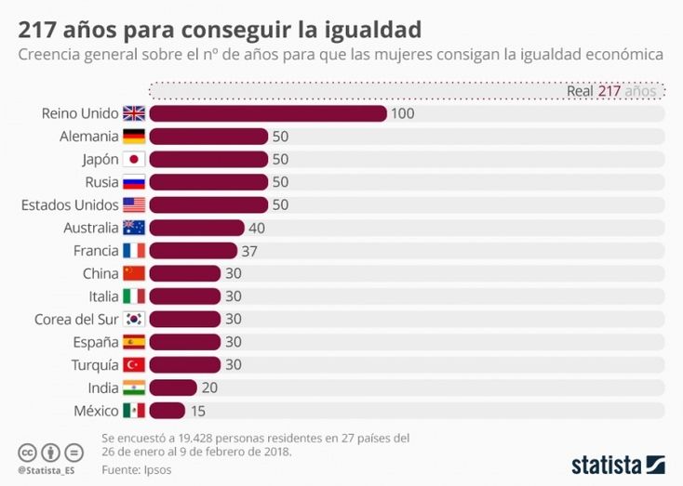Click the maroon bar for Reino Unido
267,113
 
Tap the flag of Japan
134,159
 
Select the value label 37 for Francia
248,251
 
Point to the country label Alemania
88,137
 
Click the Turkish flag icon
134,364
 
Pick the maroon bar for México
167,411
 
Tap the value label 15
198,411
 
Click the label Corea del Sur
75,319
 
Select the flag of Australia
134,228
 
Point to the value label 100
402,113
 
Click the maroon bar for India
172,387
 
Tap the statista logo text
606,463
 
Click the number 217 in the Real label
609,91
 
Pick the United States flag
134,204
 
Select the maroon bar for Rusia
208,182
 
